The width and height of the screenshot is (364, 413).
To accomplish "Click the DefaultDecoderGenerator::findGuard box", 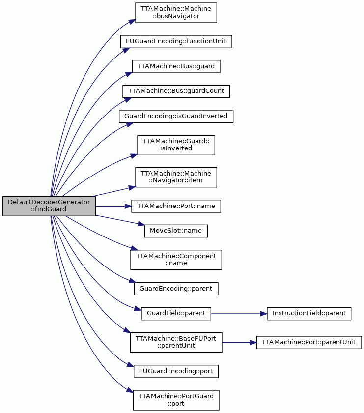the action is [x=49, y=206].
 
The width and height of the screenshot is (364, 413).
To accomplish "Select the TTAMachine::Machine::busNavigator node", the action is [x=176, y=13].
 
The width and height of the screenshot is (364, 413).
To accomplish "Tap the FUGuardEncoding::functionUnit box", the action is [x=176, y=41].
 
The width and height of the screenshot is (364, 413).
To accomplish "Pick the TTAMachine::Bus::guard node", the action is [x=176, y=66].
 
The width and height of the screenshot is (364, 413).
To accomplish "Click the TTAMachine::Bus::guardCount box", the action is [x=176, y=91].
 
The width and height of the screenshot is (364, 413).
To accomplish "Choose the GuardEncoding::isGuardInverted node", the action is [x=176, y=116].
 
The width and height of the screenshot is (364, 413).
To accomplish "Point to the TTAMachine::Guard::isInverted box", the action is [x=176, y=145].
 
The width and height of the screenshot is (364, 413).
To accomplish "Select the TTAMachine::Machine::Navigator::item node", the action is [x=176, y=177].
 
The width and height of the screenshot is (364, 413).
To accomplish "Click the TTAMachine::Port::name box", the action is [x=176, y=206].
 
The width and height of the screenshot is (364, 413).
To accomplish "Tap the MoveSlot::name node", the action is [x=176, y=231].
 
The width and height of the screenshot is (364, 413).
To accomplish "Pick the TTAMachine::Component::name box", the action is [x=176, y=260].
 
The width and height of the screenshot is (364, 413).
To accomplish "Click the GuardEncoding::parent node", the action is [x=176, y=289].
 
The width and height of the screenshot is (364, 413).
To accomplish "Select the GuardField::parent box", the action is [x=176, y=314].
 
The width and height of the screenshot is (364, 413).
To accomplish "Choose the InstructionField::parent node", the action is [x=309, y=314].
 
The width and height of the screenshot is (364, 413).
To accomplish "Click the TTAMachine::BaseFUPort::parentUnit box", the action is [x=176, y=342].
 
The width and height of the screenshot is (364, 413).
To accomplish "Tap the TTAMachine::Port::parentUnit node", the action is [x=309, y=342].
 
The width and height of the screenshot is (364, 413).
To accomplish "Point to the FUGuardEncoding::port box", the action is [x=176, y=371].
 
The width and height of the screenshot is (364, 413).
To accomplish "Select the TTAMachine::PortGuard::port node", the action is [x=176, y=400].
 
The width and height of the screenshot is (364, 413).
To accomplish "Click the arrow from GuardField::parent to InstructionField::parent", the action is [x=239, y=314].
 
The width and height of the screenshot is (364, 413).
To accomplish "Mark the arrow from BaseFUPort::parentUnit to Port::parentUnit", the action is [x=239, y=342].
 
